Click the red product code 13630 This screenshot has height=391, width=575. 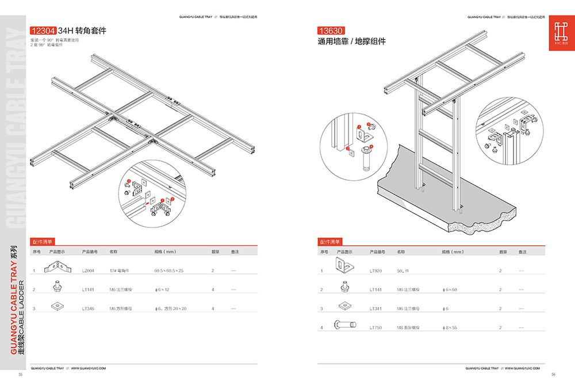pyautogui.click(x=331, y=31)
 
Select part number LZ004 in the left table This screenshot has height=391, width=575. pyautogui.click(x=88, y=270)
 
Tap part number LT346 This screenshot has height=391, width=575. pyautogui.click(x=88, y=309)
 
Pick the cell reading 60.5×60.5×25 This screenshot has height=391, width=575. pyautogui.click(x=168, y=270)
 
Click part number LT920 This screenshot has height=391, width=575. pyautogui.click(x=375, y=270)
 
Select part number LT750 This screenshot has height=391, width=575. pyautogui.click(x=375, y=328)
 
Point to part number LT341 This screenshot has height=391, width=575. pyautogui.click(x=375, y=309)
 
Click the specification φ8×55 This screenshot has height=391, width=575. pyautogui.click(x=449, y=328)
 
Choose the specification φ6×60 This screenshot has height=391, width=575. pyautogui.click(x=449, y=290)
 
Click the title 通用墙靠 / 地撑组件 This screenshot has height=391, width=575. pyautogui.click(x=352, y=42)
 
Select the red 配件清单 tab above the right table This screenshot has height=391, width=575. pyautogui.click(x=330, y=242)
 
